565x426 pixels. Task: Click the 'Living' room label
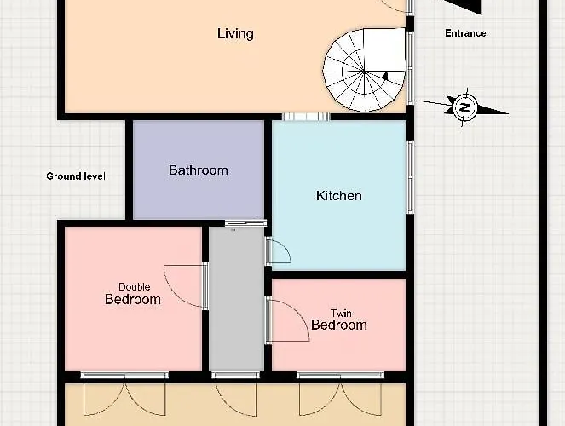(x=235, y=34)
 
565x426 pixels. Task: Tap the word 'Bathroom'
(x=199, y=170)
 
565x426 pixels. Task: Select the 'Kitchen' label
(x=338, y=196)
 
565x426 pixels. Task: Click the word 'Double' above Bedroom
(x=134, y=287)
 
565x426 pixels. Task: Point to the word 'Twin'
(x=341, y=314)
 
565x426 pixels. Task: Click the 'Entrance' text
(x=465, y=33)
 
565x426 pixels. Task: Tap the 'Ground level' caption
(x=76, y=176)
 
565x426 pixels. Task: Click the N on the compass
(x=465, y=107)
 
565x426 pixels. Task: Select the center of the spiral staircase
(x=364, y=72)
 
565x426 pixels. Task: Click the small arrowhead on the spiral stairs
(x=385, y=76)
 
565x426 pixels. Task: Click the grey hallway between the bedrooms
(x=236, y=299)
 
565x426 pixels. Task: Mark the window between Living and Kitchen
(x=306, y=117)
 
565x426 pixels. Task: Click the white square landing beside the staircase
(x=384, y=49)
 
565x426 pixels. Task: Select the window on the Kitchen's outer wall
(x=410, y=176)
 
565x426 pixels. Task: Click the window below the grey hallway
(x=235, y=375)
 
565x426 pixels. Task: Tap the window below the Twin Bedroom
(x=340, y=375)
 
